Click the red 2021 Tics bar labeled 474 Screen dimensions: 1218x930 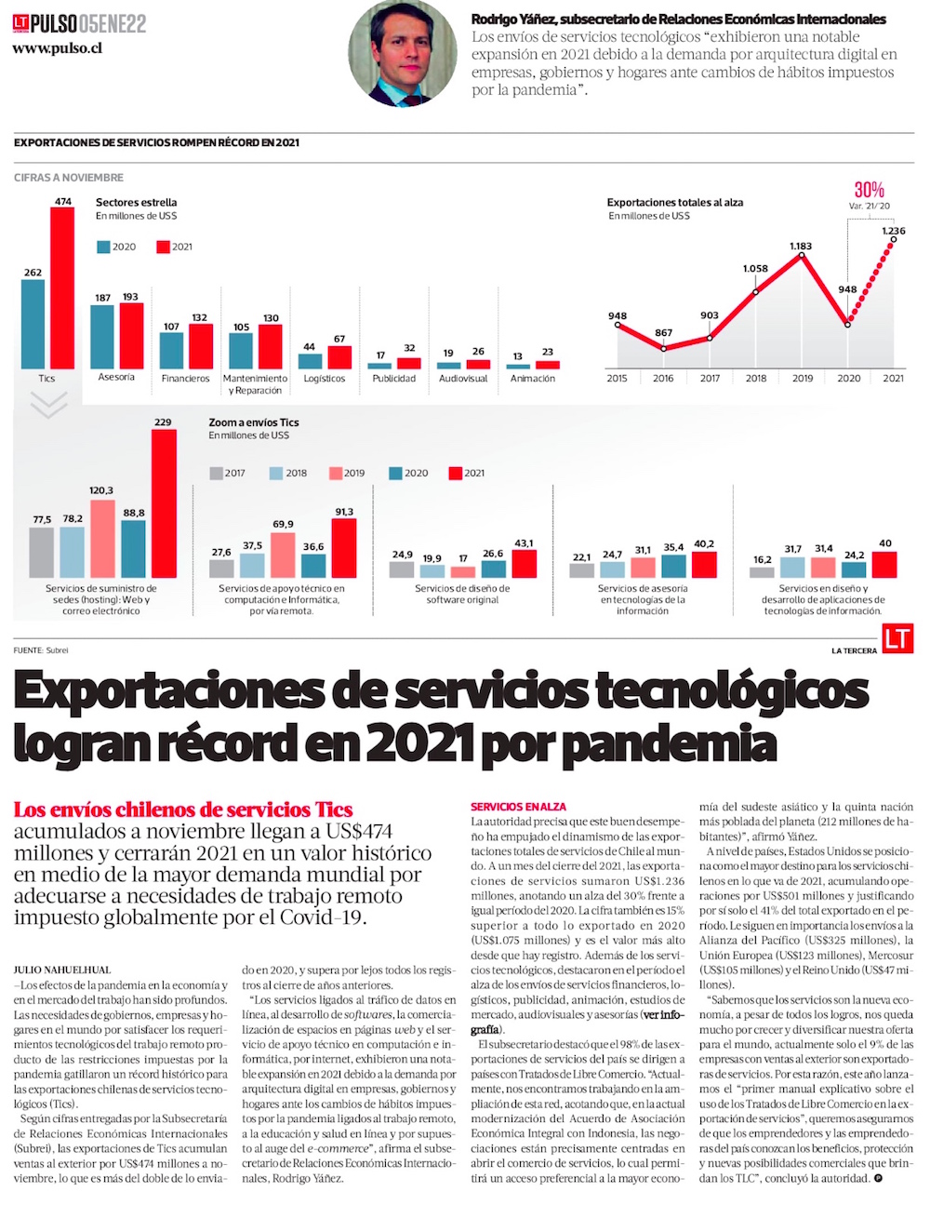[x=62, y=288]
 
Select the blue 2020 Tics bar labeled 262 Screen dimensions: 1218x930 [x=33, y=325]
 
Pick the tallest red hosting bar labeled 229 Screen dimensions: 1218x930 [x=164, y=503]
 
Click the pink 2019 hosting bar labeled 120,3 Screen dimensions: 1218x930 [x=102, y=539]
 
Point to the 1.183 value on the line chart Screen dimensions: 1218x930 [x=801, y=247]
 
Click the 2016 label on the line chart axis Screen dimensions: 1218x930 [x=663, y=379]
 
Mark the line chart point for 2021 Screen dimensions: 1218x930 [x=893, y=239]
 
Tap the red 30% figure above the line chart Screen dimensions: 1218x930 [x=870, y=190]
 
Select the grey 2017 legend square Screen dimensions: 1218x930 [x=216, y=473]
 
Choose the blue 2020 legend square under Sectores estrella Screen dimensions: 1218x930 [x=103, y=248]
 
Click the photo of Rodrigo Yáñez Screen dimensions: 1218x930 [x=403, y=54]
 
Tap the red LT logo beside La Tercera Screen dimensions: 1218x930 [x=897, y=639]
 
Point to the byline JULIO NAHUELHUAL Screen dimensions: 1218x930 [x=63, y=970]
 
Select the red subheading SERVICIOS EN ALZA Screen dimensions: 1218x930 [x=518, y=807]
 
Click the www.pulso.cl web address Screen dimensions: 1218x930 [x=57, y=48]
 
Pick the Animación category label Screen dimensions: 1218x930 [x=533, y=379]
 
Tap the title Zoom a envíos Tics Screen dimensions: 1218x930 [x=254, y=422]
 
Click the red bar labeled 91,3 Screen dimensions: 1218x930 [x=344, y=548]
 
